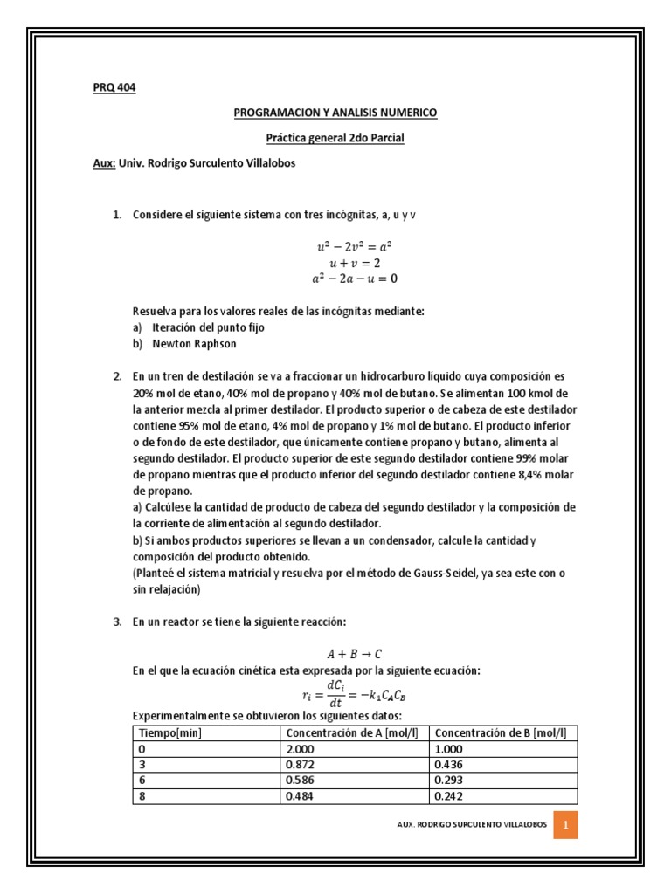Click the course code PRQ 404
114,87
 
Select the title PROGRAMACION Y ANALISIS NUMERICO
335,113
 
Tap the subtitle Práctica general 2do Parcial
335,138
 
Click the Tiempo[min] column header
170,732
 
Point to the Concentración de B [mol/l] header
500,732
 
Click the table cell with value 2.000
301,748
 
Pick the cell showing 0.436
448,764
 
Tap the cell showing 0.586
301,780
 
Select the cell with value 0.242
448,796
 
